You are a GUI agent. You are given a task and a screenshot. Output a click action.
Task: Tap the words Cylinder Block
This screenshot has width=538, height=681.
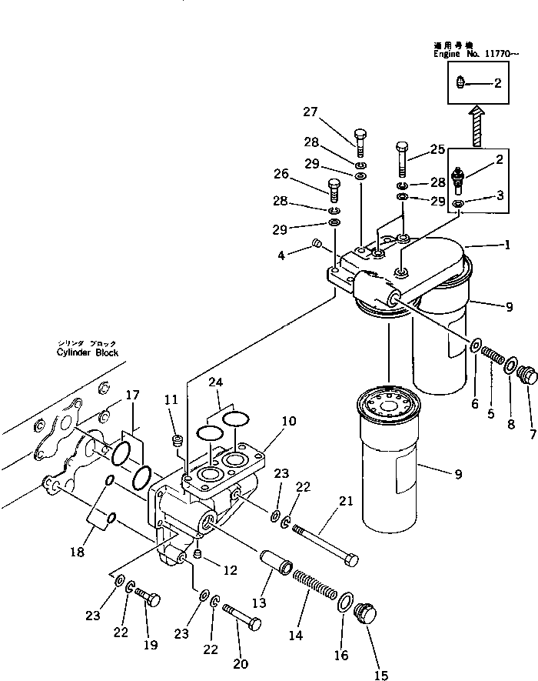point(87,352)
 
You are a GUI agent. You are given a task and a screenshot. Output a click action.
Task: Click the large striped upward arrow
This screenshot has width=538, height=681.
point(477,126)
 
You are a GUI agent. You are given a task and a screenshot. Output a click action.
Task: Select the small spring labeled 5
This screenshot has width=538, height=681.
point(492,358)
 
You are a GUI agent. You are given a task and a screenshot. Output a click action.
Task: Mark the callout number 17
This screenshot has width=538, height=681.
point(131,396)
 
